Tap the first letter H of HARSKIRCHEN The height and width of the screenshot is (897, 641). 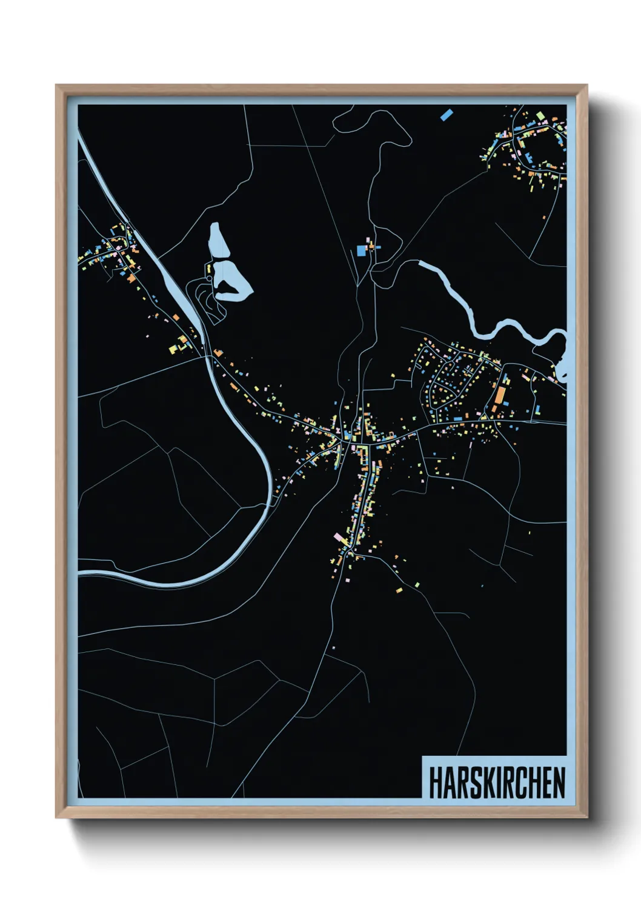(x=435, y=782)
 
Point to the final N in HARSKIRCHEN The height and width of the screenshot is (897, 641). (x=559, y=782)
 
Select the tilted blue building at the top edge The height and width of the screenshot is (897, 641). (x=447, y=113)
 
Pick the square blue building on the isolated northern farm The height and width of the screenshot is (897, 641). (x=362, y=250)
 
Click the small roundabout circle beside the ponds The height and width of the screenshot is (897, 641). (x=210, y=278)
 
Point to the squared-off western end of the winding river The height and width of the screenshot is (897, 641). (x=422, y=264)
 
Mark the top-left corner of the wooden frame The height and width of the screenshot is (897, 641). (x=56, y=85)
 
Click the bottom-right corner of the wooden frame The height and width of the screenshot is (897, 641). (x=586, y=817)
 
